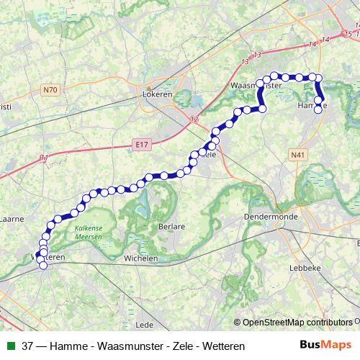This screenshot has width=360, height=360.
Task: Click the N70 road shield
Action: point(49,90)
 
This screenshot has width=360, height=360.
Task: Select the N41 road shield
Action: point(297,154)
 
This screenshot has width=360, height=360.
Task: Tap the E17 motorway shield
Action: point(140,145)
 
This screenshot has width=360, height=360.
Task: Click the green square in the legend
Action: point(9,346)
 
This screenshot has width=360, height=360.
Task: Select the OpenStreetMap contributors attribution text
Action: point(295,323)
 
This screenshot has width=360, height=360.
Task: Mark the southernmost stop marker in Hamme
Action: point(318,110)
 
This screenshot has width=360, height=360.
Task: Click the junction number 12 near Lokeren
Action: point(194,120)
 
